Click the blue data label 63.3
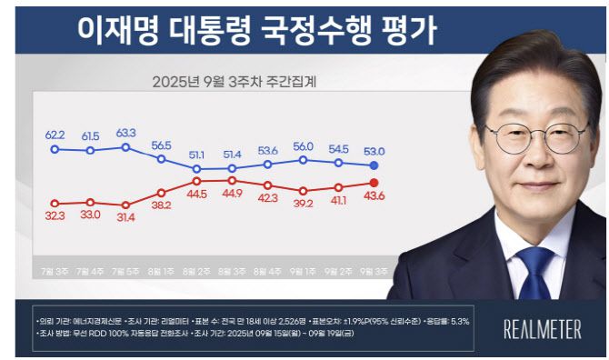[125, 133]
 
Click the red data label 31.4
[125, 216]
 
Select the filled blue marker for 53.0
[374, 165]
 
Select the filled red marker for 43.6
[374, 183]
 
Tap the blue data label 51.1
[196, 155]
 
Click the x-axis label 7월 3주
[55, 271]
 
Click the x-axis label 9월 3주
[374, 271]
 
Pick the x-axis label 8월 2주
[196, 271]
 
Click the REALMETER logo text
[542, 330]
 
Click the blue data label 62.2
[55, 135]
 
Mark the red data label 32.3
[55, 215]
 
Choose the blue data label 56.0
[303, 145]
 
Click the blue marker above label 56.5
[161, 159]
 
